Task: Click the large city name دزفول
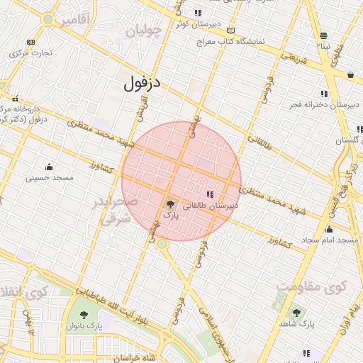[142, 84]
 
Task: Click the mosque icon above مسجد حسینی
[49, 166]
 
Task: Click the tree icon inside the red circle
[170, 203]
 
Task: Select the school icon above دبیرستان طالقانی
[209, 194]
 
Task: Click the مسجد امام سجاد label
[330, 241]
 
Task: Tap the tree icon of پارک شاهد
[296, 313]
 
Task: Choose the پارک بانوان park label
[85, 326]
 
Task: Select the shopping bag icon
[350, 74]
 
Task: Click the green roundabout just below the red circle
[162, 244]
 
